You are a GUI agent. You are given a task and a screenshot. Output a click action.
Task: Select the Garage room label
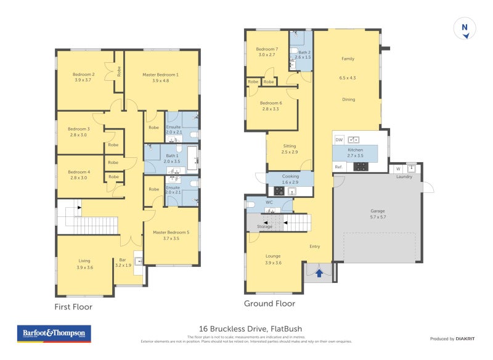(x=377, y=211)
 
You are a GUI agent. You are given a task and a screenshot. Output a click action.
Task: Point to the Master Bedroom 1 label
(x=160, y=75)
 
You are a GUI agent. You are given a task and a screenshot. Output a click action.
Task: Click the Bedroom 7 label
(x=267, y=49)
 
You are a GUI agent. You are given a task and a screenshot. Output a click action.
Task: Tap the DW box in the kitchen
(x=339, y=140)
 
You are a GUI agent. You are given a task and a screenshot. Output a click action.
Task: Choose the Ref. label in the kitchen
(x=338, y=166)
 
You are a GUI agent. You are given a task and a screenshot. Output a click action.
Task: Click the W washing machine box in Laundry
(x=397, y=168)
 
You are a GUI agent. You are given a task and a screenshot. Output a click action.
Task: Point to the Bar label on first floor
(x=123, y=260)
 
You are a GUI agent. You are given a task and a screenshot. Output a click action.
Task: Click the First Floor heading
(x=74, y=306)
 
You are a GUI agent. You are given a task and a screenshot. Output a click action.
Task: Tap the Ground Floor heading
(x=269, y=303)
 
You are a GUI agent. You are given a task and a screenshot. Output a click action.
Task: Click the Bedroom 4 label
(x=79, y=172)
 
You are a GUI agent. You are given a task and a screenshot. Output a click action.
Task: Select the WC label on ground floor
(x=269, y=202)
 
